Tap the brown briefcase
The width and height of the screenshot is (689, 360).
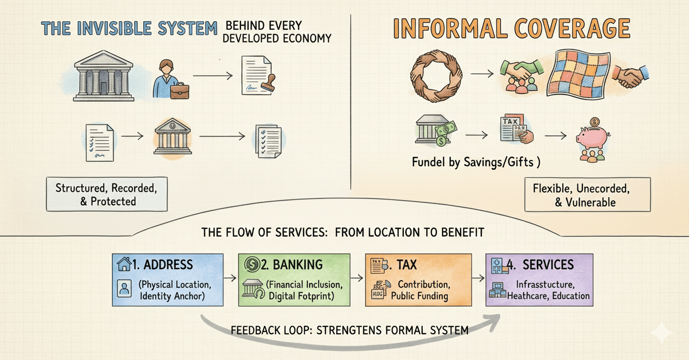pyautogui.click(x=180, y=90)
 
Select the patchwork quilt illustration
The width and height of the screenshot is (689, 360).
pyautogui.click(x=578, y=75)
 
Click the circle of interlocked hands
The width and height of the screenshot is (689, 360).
pyautogui.click(x=436, y=76)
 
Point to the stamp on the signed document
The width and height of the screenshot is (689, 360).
pyautogui.click(x=268, y=83)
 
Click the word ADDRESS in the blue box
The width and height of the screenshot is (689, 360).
pyautogui.click(x=168, y=265)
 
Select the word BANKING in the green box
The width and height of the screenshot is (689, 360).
pyautogui.click(x=298, y=265)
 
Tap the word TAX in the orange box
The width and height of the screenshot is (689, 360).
pyautogui.click(x=407, y=265)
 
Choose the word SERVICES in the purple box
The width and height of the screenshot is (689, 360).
pyautogui.click(x=548, y=265)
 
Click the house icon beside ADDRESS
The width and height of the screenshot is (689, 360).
pyautogui.click(x=124, y=264)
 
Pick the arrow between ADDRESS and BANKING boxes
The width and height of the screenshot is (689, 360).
pyautogui.click(x=230, y=278)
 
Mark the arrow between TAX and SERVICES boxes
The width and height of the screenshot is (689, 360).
pyautogui.click(x=478, y=278)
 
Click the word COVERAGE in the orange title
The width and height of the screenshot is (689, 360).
pyautogui.click(x=573, y=28)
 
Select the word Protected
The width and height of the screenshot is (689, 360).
pyautogui.click(x=113, y=202)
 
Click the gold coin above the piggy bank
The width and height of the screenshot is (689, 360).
pyautogui.click(x=595, y=122)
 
